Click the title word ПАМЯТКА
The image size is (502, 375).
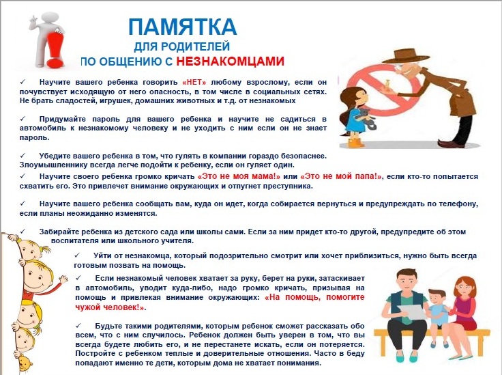[183, 26]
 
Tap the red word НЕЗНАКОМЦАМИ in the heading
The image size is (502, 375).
[230, 61]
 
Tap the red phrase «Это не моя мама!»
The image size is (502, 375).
[239, 176]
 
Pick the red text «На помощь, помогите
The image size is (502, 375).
[315, 297]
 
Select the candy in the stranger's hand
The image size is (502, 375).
[387, 84]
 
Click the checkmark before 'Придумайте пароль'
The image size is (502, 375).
[23, 119]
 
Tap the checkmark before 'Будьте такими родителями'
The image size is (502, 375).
[78, 326]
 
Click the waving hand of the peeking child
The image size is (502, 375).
[63, 279]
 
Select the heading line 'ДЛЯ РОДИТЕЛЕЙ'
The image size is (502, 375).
[182, 47]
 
